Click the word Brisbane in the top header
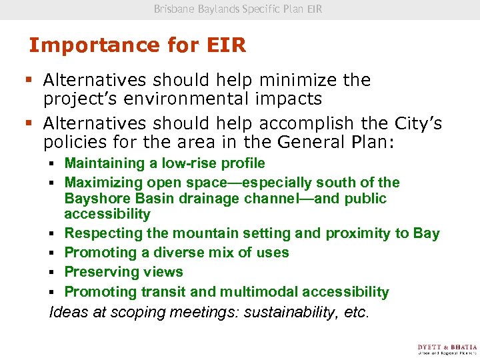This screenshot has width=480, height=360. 174,9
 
